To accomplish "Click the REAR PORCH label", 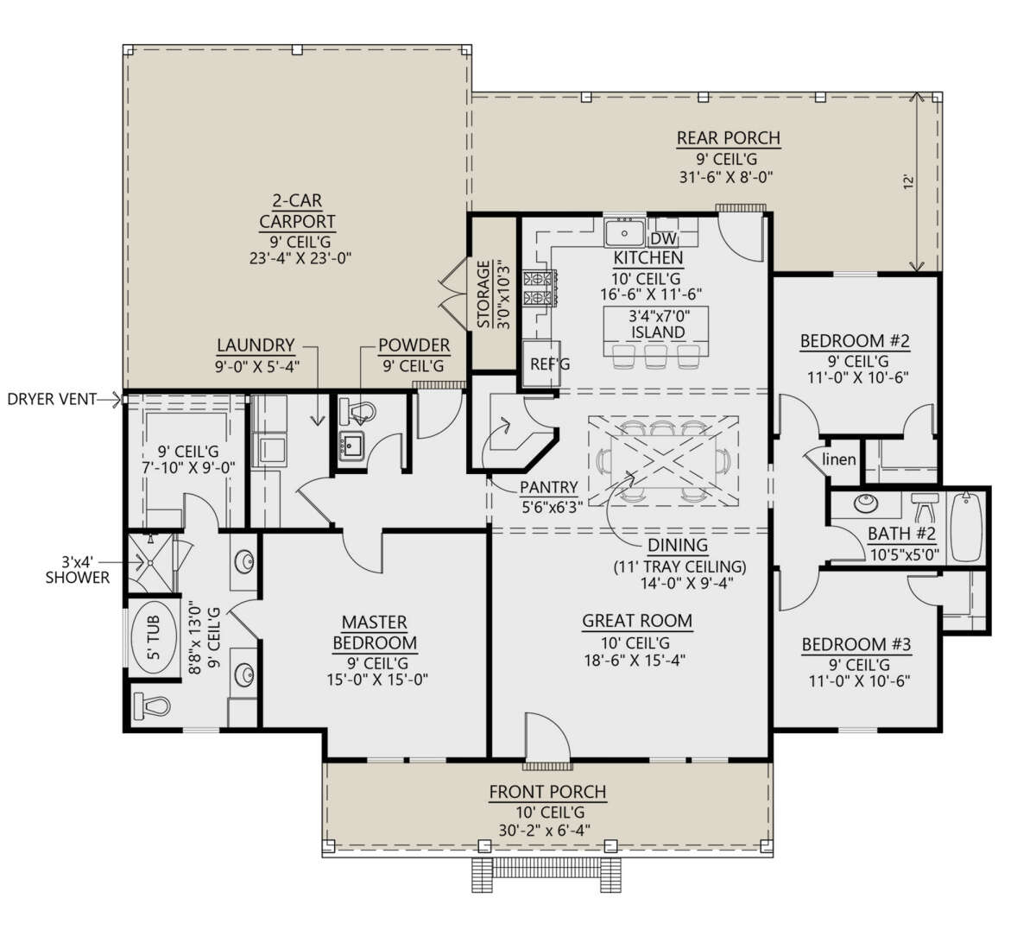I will [x=728, y=138].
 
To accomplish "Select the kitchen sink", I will [x=623, y=233].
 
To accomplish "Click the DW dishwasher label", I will [x=662, y=238].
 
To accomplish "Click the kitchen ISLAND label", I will [x=658, y=332].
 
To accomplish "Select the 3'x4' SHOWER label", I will [x=78, y=568].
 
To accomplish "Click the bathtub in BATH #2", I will [x=967, y=527].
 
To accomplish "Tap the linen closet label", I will [x=838, y=459].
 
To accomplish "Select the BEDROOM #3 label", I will [x=856, y=645].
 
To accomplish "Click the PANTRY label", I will [x=548, y=488].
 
